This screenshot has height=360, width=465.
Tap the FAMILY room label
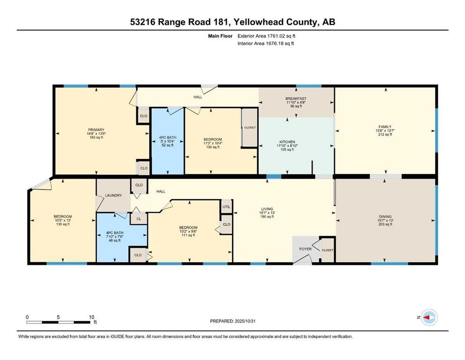(x=385, y=127)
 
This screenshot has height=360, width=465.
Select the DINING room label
(x=385, y=217)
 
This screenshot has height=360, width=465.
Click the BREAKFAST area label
(x=296, y=98)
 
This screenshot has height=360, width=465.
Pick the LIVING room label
(x=267, y=209)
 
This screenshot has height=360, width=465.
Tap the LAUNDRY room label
(x=113, y=195)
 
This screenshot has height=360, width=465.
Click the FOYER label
(x=305, y=249)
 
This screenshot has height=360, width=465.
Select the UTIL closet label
(x=226, y=207)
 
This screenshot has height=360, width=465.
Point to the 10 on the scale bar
(x=92, y=317)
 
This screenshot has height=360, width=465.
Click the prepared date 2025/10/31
(x=253, y=321)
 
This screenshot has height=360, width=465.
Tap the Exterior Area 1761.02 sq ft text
(x=266, y=36)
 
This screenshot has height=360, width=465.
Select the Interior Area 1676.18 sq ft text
(x=266, y=44)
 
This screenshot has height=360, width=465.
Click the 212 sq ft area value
(x=385, y=135)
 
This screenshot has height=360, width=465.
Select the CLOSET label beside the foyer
(x=327, y=250)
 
